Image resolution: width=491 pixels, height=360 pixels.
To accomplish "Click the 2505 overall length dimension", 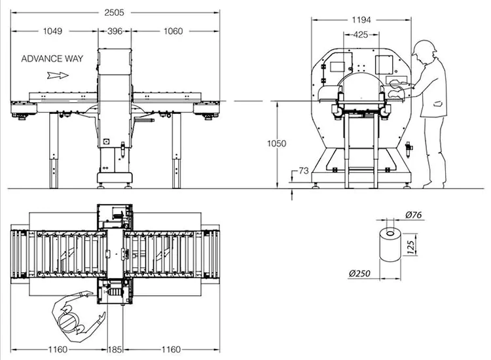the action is [x=115, y=12].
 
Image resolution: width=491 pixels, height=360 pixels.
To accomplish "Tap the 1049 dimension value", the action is [x=52, y=31].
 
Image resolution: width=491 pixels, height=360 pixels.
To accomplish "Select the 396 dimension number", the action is [x=115, y=31].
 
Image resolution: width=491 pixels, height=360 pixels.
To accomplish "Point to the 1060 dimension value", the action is [x=173, y=31].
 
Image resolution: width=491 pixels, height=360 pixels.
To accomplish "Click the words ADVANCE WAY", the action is [x=52, y=58].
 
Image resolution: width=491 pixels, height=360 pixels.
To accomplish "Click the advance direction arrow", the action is [x=58, y=75].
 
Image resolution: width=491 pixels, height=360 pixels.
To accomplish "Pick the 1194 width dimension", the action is [x=361, y=20].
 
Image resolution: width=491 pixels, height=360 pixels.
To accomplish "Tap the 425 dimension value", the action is [x=361, y=35].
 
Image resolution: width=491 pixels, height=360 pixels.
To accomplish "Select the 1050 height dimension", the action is [x=276, y=143].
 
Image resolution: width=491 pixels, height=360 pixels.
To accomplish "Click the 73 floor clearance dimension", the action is [x=304, y=171].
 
